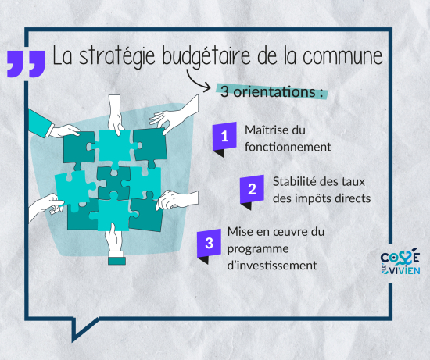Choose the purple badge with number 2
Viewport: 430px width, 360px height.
pyautogui.click(x=252, y=189)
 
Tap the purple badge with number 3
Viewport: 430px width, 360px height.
pyautogui.click(x=208, y=242)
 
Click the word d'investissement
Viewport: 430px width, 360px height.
pyautogui.click(x=271, y=265)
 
